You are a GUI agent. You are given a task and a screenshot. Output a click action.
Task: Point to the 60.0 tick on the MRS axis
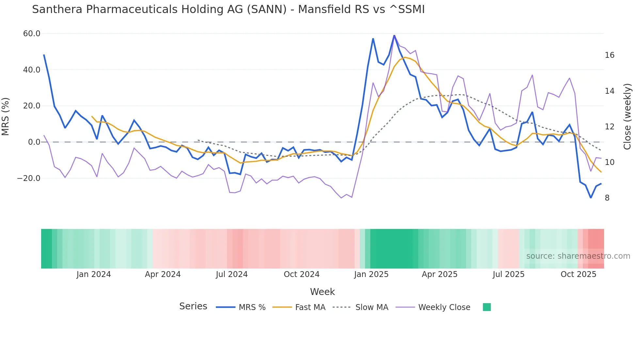point(32,34)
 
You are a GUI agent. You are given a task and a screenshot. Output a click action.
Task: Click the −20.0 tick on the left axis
point(29,178)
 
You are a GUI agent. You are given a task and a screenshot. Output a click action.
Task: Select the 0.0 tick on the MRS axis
point(34,142)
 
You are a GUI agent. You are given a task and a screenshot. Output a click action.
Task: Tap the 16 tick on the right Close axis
point(609,55)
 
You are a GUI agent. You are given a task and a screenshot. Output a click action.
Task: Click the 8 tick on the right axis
point(607,198)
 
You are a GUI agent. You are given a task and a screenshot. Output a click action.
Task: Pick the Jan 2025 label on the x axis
point(371,274)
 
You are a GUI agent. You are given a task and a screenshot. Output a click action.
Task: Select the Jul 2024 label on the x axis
point(232,274)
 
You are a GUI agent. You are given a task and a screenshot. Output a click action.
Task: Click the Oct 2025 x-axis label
point(578,274)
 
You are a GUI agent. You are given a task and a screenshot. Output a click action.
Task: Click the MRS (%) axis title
point(6,116)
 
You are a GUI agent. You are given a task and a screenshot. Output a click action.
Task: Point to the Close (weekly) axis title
point(627,116)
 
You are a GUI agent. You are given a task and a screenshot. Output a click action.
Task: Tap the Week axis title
point(322,292)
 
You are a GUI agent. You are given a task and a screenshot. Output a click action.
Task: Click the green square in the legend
point(487,307)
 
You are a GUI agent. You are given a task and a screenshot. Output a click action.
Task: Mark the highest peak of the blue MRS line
point(394,35)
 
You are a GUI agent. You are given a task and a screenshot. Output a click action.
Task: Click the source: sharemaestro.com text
point(578,256)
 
